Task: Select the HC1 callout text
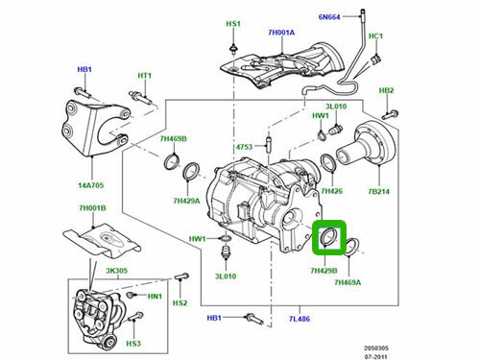click(x=375, y=36)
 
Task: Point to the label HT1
click(x=145, y=76)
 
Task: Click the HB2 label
click(x=387, y=91)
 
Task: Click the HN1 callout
click(x=155, y=296)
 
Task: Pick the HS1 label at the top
click(x=234, y=22)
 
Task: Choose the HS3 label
click(x=133, y=343)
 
